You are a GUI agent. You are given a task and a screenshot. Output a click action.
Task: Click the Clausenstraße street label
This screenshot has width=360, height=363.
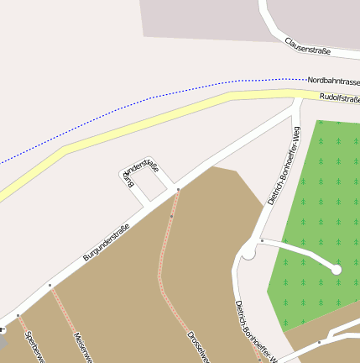(307, 45)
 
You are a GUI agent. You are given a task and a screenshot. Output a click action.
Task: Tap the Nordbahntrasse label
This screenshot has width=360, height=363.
(333, 81)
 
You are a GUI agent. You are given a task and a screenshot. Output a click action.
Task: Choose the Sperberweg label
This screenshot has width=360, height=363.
(34, 347)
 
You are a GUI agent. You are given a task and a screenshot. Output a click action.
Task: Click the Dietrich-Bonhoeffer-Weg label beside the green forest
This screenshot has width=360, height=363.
(284, 166)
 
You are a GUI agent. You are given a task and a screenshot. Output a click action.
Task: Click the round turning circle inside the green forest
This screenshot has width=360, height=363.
(337, 269)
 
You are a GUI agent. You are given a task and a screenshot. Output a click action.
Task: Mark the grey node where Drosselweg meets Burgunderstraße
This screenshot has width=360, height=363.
(178, 190)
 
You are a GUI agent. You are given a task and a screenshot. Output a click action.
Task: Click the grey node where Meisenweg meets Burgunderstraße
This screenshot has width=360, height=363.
(50, 286)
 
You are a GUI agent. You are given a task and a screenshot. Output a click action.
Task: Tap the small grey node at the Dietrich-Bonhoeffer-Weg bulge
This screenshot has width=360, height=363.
(262, 241)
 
